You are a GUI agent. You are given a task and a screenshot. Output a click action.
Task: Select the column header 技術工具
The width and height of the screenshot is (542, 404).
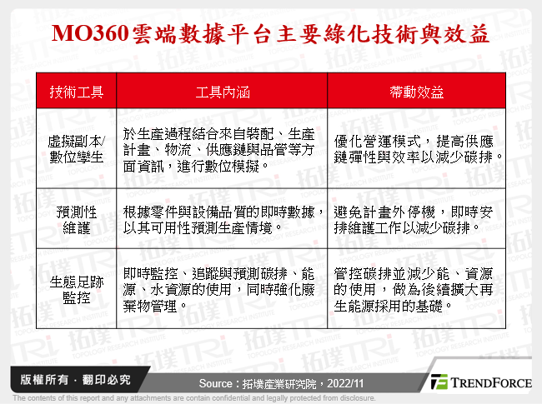pos(77,92)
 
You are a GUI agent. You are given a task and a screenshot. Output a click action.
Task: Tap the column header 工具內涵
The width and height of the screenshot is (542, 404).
pos(221,92)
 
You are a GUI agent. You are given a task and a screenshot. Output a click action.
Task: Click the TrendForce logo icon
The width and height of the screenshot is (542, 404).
pos(439,382)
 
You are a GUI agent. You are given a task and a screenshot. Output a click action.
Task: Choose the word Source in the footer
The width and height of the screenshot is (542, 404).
pos(219,383)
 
